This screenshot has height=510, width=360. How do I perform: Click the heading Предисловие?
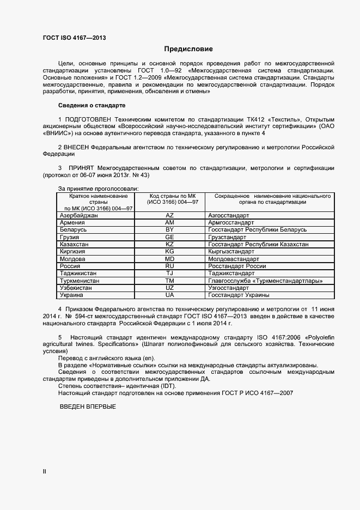(x=188, y=48)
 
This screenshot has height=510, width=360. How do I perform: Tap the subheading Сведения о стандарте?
(x=91, y=105)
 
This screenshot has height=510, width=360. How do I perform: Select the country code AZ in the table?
(x=169, y=216)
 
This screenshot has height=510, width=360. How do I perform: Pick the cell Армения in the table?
(x=72, y=223)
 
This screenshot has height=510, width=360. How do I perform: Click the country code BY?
(x=169, y=230)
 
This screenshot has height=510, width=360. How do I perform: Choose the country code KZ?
(x=169, y=245)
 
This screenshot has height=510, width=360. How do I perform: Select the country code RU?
(x=169, y=266)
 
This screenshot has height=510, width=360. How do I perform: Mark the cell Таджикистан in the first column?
(x=78, y=273)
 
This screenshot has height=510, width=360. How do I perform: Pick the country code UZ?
(x=169, y=288)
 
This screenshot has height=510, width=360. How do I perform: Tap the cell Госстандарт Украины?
(x=239, y=295)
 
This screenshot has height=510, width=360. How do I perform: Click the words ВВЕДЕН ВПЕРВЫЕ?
(x=87, y=407)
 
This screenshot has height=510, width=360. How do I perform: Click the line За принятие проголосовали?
(x=98, y=188)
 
